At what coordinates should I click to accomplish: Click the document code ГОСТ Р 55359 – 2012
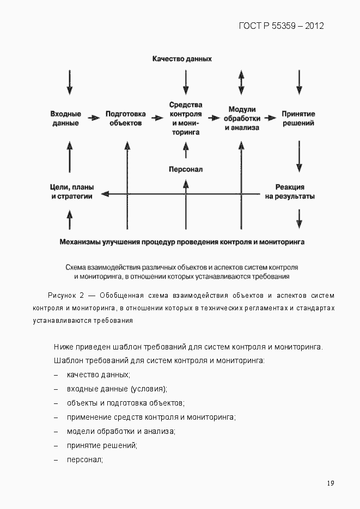[x=281, y=26]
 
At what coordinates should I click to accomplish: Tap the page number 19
[x=331, y=483]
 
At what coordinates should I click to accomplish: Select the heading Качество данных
[x=182, y=58]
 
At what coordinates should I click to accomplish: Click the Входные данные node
[x=66, y=119]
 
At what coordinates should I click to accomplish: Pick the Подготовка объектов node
[x=125, y=119]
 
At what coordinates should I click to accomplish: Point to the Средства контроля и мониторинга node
[x=186, y=118]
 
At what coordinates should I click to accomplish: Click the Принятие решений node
[x=298, y=119]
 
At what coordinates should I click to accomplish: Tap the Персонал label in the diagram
[x=186, y=169]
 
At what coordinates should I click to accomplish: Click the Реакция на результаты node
[x=290, y=192]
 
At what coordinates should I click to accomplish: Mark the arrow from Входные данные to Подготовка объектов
[x=95, y=118]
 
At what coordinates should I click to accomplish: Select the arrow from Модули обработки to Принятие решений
[x=270, y=118]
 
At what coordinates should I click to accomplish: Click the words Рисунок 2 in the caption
[x=65, y=296]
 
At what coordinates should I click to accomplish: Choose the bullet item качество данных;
[x=99, y=375]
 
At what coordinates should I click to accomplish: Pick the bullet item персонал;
[x=85, y=460]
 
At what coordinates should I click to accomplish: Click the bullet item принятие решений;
[x=102, y=446]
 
